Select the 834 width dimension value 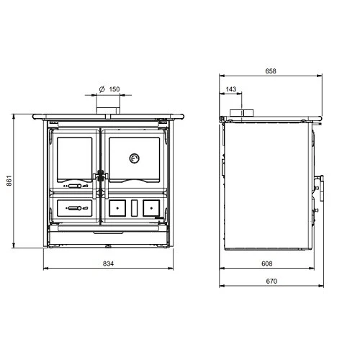pos(109,264)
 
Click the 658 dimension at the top pos(271,71)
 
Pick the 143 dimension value pos(230,89)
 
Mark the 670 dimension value pos(271,281)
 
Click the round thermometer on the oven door pos(134,158)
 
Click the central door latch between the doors pos(101,175)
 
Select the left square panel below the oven pos(117,207)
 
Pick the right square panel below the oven pos(150,207)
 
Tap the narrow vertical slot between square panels pos(134,207)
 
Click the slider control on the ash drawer pos(73,208)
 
